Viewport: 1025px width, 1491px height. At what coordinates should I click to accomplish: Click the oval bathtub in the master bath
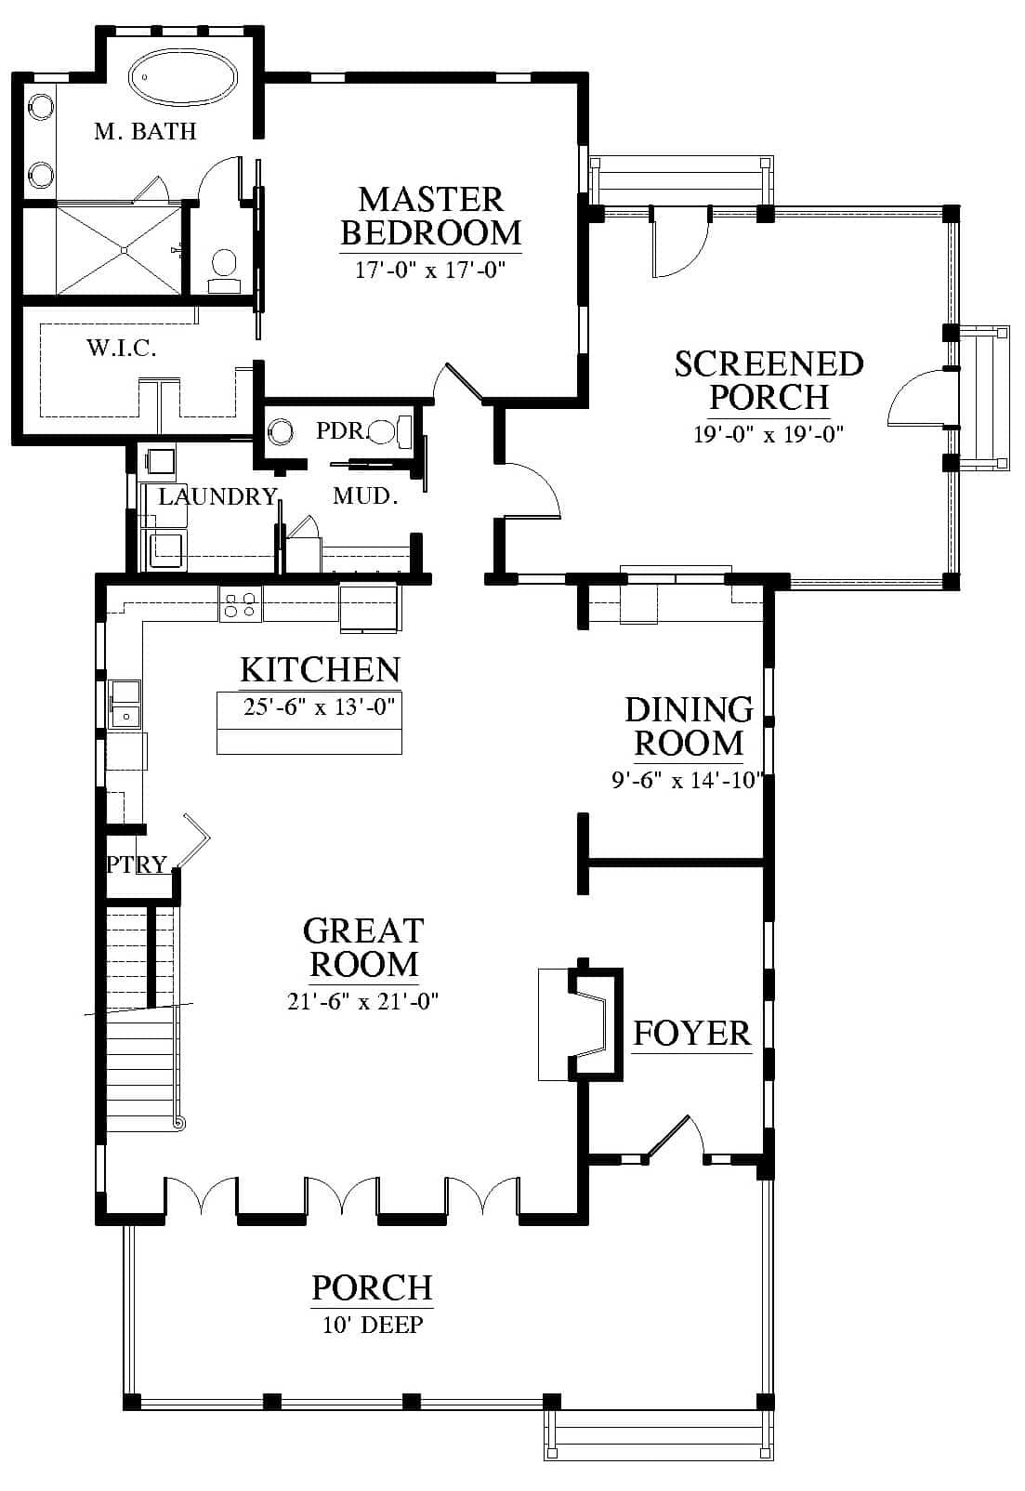tap(183, 77)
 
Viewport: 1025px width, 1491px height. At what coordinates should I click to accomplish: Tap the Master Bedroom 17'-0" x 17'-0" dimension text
tap(430, 270)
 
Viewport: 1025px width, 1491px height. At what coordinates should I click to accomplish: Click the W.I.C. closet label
tap(122, 348)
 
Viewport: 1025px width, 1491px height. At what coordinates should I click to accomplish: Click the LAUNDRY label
tap(217, 496)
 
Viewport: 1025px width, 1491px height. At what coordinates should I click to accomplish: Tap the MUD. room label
tap(365, 495)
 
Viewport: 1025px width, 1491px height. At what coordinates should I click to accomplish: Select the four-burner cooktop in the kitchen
tap(241, 604)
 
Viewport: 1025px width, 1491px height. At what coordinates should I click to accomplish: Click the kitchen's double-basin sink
tap(125, 705)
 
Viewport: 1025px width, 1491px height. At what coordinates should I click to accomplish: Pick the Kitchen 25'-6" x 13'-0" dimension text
tap(319, 706)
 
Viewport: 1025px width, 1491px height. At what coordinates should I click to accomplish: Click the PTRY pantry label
tap(137, 864)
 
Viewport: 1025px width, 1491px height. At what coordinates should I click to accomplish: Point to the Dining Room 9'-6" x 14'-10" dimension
tap(688, 780)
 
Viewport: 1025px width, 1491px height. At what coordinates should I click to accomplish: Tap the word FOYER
tap(691, 1034)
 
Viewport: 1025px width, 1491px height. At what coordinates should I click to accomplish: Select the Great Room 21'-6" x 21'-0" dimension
tap(362, 1001)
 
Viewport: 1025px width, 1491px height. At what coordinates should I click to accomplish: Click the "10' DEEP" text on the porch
tap(373, 1325)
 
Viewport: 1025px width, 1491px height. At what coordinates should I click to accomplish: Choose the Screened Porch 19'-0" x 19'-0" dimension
tap(769, 435)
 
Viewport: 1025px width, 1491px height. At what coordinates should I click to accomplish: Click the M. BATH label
tap(145, 131)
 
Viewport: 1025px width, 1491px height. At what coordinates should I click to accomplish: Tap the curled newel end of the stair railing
tap(178, 1123)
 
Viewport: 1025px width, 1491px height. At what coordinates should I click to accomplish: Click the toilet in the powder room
tap(389, 432)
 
